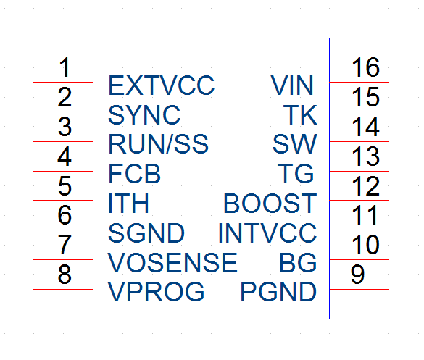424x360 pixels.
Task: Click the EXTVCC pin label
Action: point(161,85)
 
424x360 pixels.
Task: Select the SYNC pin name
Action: point(144,115)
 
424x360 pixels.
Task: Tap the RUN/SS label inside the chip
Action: point(158,144)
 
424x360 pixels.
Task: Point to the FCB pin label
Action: point(134,174)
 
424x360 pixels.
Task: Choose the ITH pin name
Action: point(128,204)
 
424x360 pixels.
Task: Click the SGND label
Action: point(146,233)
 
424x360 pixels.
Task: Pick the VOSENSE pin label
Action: point(172,262)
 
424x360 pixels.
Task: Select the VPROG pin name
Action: point(156,292)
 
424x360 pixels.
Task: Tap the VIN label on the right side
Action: point(292,85)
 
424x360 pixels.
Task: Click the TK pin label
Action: point(300,115)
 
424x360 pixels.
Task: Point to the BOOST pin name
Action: point(270,204)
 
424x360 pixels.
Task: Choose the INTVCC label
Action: point(267,233)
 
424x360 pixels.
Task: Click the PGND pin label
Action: point(278,292)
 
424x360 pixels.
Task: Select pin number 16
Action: point(365,67)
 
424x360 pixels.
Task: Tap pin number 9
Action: point(357,274)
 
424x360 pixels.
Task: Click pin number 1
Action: point(65,67)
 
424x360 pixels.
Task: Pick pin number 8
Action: point(65,274)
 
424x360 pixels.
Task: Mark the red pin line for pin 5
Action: point(63,200)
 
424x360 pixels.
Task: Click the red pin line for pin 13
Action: point(359,171)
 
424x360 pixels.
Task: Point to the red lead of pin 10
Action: point(359,259)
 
